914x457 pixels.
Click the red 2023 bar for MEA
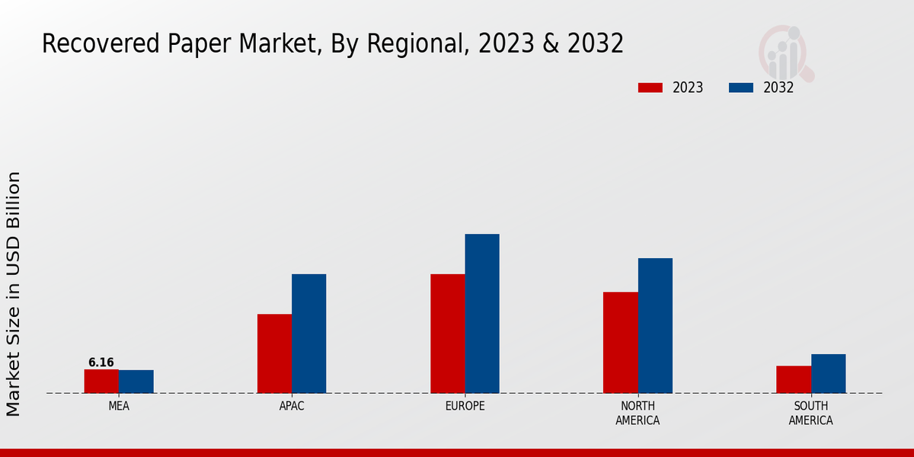[x=101, y=381]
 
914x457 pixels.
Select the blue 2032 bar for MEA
[x=136, y=382]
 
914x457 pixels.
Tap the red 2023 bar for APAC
[x=274, y=353]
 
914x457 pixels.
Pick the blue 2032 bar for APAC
[x=308, y=334]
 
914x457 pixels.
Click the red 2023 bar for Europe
[x=447, y=334]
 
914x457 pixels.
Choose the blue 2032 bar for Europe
[x=482, y=313]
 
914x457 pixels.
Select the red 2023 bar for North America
[x=620, y=343]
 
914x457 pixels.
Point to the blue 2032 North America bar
[x=655, y=325]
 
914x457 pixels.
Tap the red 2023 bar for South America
[x=794, y=379]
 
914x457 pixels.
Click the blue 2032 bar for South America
[x=828, y=373]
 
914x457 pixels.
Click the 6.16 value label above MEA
[x=101, y=363]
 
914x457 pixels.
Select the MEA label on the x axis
[x=119, y=406]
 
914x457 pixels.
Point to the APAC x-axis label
[x=292, y=406]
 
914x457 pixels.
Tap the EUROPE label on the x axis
[x=465, y=406]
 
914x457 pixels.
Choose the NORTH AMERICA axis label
[x=638, y=413]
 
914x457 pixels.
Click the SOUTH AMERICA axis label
[x=810, y=413]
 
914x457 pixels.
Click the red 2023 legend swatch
[x=650, y=88]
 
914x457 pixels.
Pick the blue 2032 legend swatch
[x=740, y=88]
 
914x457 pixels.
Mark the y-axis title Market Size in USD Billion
[x=14, y=293]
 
